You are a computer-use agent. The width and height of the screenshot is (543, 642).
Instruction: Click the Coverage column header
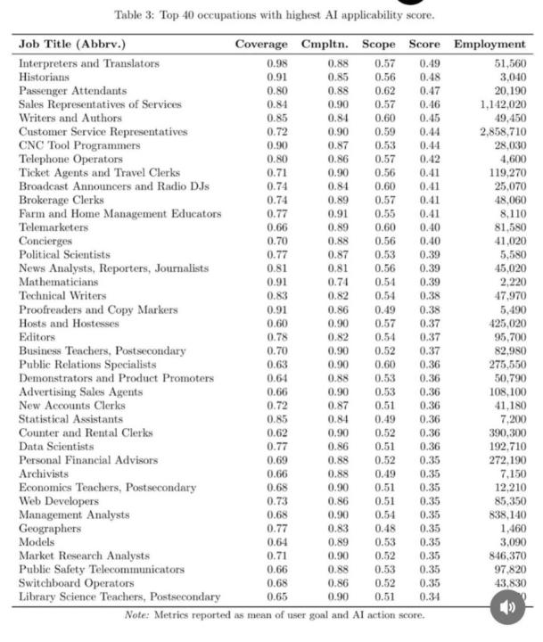click(261, 44)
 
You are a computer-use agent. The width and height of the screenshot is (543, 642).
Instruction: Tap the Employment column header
click(490, 44)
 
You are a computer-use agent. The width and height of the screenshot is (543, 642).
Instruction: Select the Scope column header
click(379, 44)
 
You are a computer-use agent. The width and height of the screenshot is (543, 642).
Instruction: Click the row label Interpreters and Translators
click(89, 63)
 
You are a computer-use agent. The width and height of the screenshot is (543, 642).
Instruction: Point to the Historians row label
click(44, 77)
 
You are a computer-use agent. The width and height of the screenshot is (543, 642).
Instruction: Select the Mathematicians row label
click(54, 282)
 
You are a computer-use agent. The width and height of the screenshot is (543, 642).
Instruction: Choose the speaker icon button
click(507, 607)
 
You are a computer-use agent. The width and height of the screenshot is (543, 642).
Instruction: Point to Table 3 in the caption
click(135, 15)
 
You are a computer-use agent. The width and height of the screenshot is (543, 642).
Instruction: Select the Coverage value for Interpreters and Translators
click(277, 63)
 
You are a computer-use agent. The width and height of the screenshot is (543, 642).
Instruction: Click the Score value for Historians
click(429, 77)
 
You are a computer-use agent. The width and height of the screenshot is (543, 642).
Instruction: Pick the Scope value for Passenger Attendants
click(385, 91)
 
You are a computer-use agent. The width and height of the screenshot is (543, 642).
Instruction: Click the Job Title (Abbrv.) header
click(72, 44)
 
